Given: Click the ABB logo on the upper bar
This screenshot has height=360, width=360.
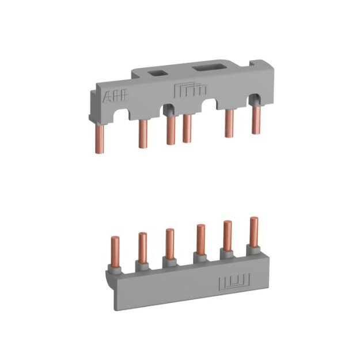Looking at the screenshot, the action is click(x=115, y=95).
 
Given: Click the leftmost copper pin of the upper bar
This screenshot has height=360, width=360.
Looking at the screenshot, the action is click(x=100, y=138).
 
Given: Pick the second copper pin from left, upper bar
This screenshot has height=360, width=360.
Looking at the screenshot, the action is click(x=143, y=134).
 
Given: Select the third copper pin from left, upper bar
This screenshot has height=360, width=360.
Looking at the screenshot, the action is click(x=171, y=130).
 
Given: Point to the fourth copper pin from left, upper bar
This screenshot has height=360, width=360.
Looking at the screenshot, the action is click(x=187, y=128).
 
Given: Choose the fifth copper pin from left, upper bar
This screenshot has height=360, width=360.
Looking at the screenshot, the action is click(x=229, y=123).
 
